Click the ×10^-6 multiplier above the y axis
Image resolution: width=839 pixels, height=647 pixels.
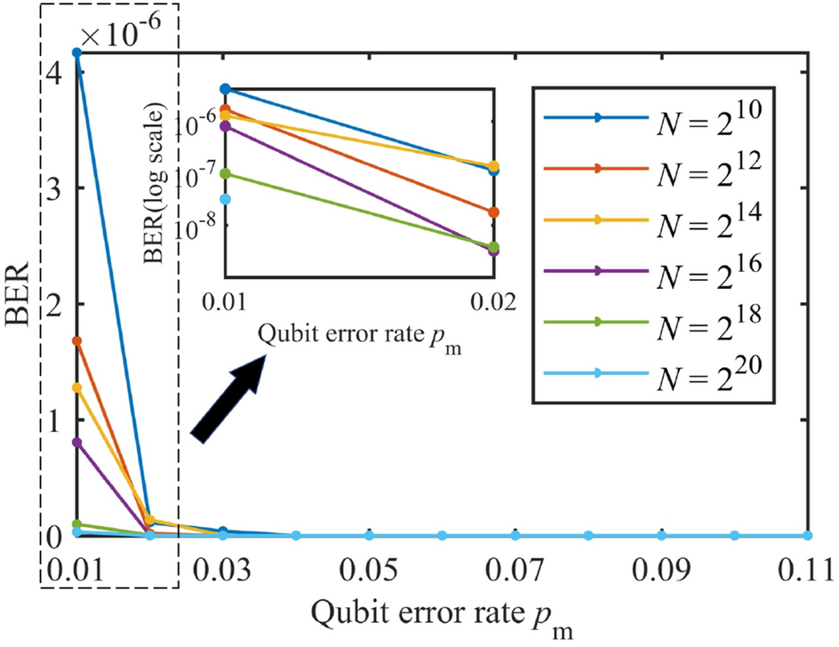(128, 36)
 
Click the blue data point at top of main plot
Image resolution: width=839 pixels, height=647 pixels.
(77, 52)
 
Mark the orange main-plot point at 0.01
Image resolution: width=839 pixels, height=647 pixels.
(77, 341)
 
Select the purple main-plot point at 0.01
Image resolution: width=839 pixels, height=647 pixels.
(77, 443)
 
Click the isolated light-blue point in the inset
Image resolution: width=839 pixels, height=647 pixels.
(225, 199)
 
